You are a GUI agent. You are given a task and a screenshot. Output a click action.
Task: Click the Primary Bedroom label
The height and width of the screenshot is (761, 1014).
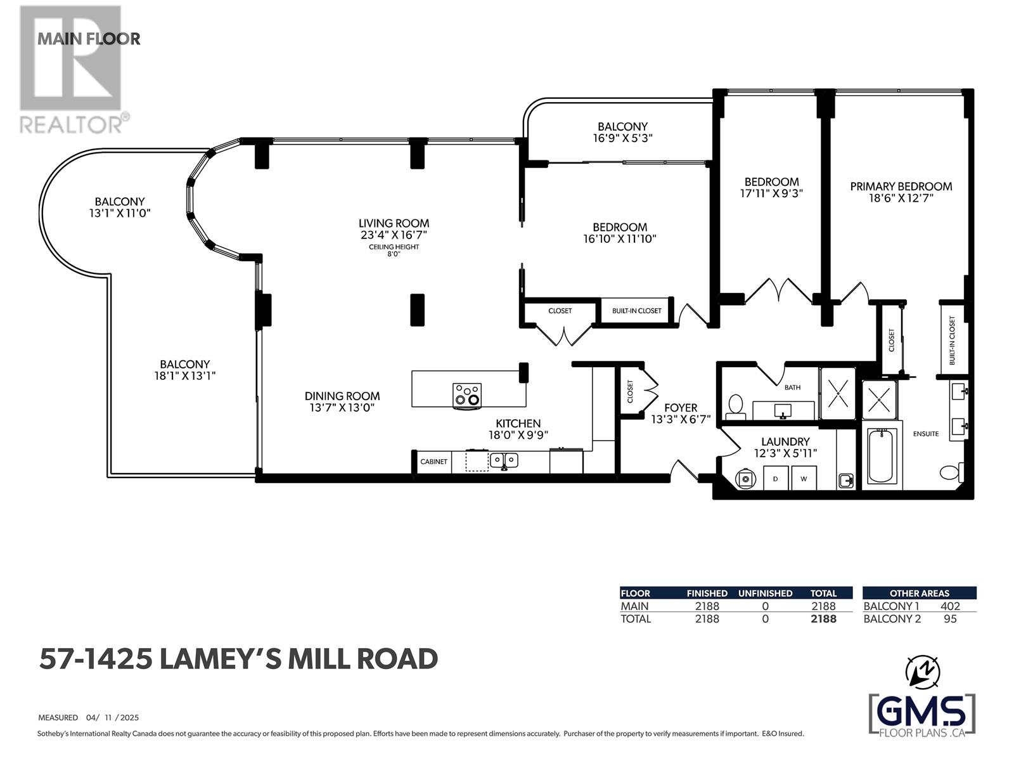[901, 186]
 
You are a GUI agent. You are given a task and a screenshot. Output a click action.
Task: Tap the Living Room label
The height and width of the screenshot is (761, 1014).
[394, 223]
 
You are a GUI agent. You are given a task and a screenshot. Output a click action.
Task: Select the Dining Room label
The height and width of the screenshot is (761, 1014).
[342, 396]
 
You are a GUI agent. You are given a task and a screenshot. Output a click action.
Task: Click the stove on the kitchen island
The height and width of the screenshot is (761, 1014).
[467, 396]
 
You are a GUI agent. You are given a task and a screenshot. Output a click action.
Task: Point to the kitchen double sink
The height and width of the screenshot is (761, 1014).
[504, 460]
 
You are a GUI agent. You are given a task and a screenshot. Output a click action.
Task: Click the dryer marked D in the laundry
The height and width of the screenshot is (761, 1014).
[776, 478]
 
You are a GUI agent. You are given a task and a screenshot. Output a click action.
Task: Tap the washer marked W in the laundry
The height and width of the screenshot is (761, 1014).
[804, 478]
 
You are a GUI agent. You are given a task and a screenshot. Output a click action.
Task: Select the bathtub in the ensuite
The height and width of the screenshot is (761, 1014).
[882, 455]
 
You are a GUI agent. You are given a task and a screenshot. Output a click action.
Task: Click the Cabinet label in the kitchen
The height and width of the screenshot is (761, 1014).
[433, 462]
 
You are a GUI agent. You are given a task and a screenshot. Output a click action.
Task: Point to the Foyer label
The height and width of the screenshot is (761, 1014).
[681, 408]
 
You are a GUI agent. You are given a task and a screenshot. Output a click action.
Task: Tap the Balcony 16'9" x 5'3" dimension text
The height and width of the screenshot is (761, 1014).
[623, 138]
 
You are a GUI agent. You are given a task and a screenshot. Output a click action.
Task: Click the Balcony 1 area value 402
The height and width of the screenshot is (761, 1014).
[950, 606]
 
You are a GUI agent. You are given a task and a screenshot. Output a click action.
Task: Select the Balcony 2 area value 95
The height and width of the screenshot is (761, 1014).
[950, 619]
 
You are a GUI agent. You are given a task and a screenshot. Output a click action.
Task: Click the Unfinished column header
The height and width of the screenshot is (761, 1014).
[766, 594]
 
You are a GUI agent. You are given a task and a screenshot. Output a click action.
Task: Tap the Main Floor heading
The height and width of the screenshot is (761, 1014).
[89, 39]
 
